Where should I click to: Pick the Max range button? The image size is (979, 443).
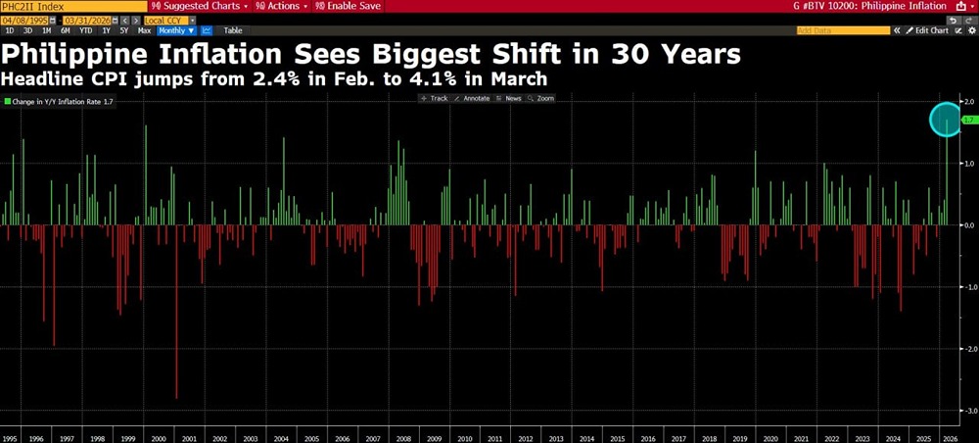pos(144,30)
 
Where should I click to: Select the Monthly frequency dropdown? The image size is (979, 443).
pos(172,30)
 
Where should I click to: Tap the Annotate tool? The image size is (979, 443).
pos(473,98)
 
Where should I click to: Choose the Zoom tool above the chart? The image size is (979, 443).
pos(541,98)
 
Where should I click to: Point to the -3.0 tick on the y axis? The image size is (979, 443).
pos(966,411)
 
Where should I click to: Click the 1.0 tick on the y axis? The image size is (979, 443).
pos(966,163)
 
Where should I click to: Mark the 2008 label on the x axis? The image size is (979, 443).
pos(403,436)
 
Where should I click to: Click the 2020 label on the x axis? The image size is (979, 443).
pos(769,436)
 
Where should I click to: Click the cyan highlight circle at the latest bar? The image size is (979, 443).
pos(947,119)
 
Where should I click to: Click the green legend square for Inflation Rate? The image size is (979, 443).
pos(7,101)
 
